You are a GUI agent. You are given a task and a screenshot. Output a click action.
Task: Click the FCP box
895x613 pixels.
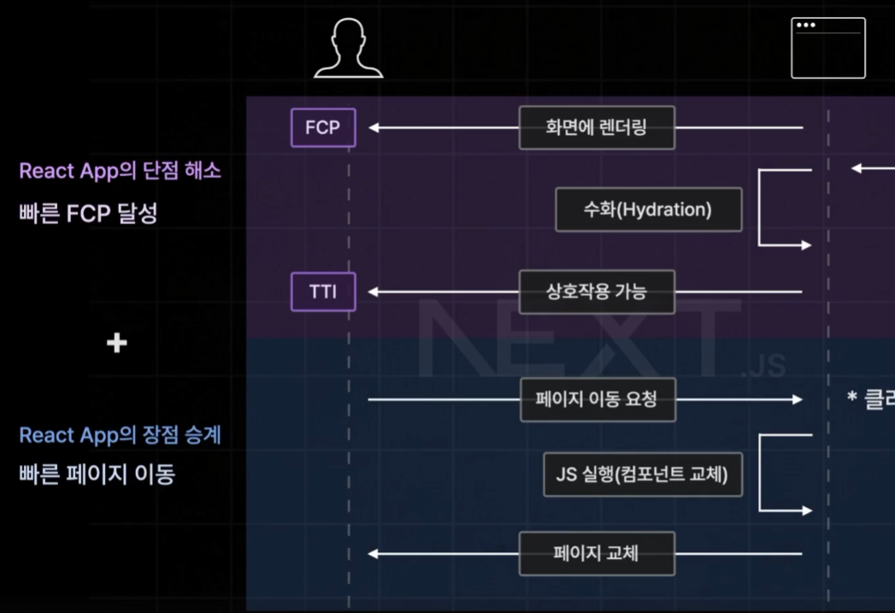click(322, 128)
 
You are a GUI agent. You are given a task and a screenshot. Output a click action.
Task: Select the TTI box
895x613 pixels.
click(322, 292)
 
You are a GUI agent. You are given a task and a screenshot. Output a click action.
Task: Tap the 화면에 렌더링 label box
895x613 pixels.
click(597, 128)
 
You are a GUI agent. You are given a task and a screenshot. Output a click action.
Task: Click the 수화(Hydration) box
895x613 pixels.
click(648, 209)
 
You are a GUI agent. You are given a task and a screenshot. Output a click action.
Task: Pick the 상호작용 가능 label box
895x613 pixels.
click(597, 292)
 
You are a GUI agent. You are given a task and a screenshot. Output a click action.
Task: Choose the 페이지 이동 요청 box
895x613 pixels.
click(598, 399)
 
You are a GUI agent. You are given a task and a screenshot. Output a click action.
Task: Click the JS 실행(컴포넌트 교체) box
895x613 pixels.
click(642, 475)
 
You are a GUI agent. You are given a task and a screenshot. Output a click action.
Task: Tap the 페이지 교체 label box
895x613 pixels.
click(597, 553)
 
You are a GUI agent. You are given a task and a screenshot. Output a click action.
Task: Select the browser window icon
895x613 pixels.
click(827, 48)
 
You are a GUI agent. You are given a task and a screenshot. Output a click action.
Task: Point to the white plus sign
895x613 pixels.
click(116, 343)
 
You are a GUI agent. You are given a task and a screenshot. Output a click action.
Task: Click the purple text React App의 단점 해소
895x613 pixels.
click(121, 170)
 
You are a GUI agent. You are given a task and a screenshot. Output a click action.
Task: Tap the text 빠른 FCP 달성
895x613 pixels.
click(88, 213)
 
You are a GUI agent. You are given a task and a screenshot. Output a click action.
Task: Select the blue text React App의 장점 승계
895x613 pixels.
click(121, 435)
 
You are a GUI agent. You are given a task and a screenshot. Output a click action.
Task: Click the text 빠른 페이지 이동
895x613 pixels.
click(97, 474)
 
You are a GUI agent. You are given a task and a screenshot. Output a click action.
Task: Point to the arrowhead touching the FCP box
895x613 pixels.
click(374, 128)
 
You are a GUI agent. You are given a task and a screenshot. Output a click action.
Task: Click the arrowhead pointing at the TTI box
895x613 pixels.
click(374, 292)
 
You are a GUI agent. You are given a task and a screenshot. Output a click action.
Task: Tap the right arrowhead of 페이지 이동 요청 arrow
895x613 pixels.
click(798, 399)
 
